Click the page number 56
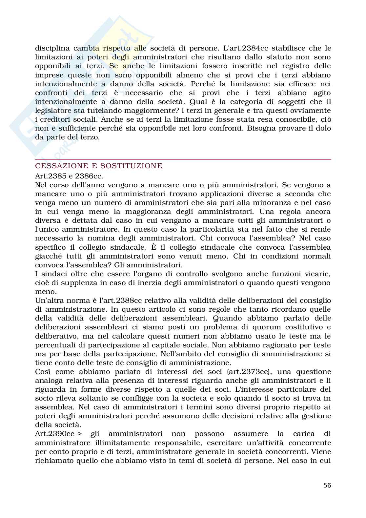click(x=327, y=485)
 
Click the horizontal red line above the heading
click(x=183, y=160)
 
